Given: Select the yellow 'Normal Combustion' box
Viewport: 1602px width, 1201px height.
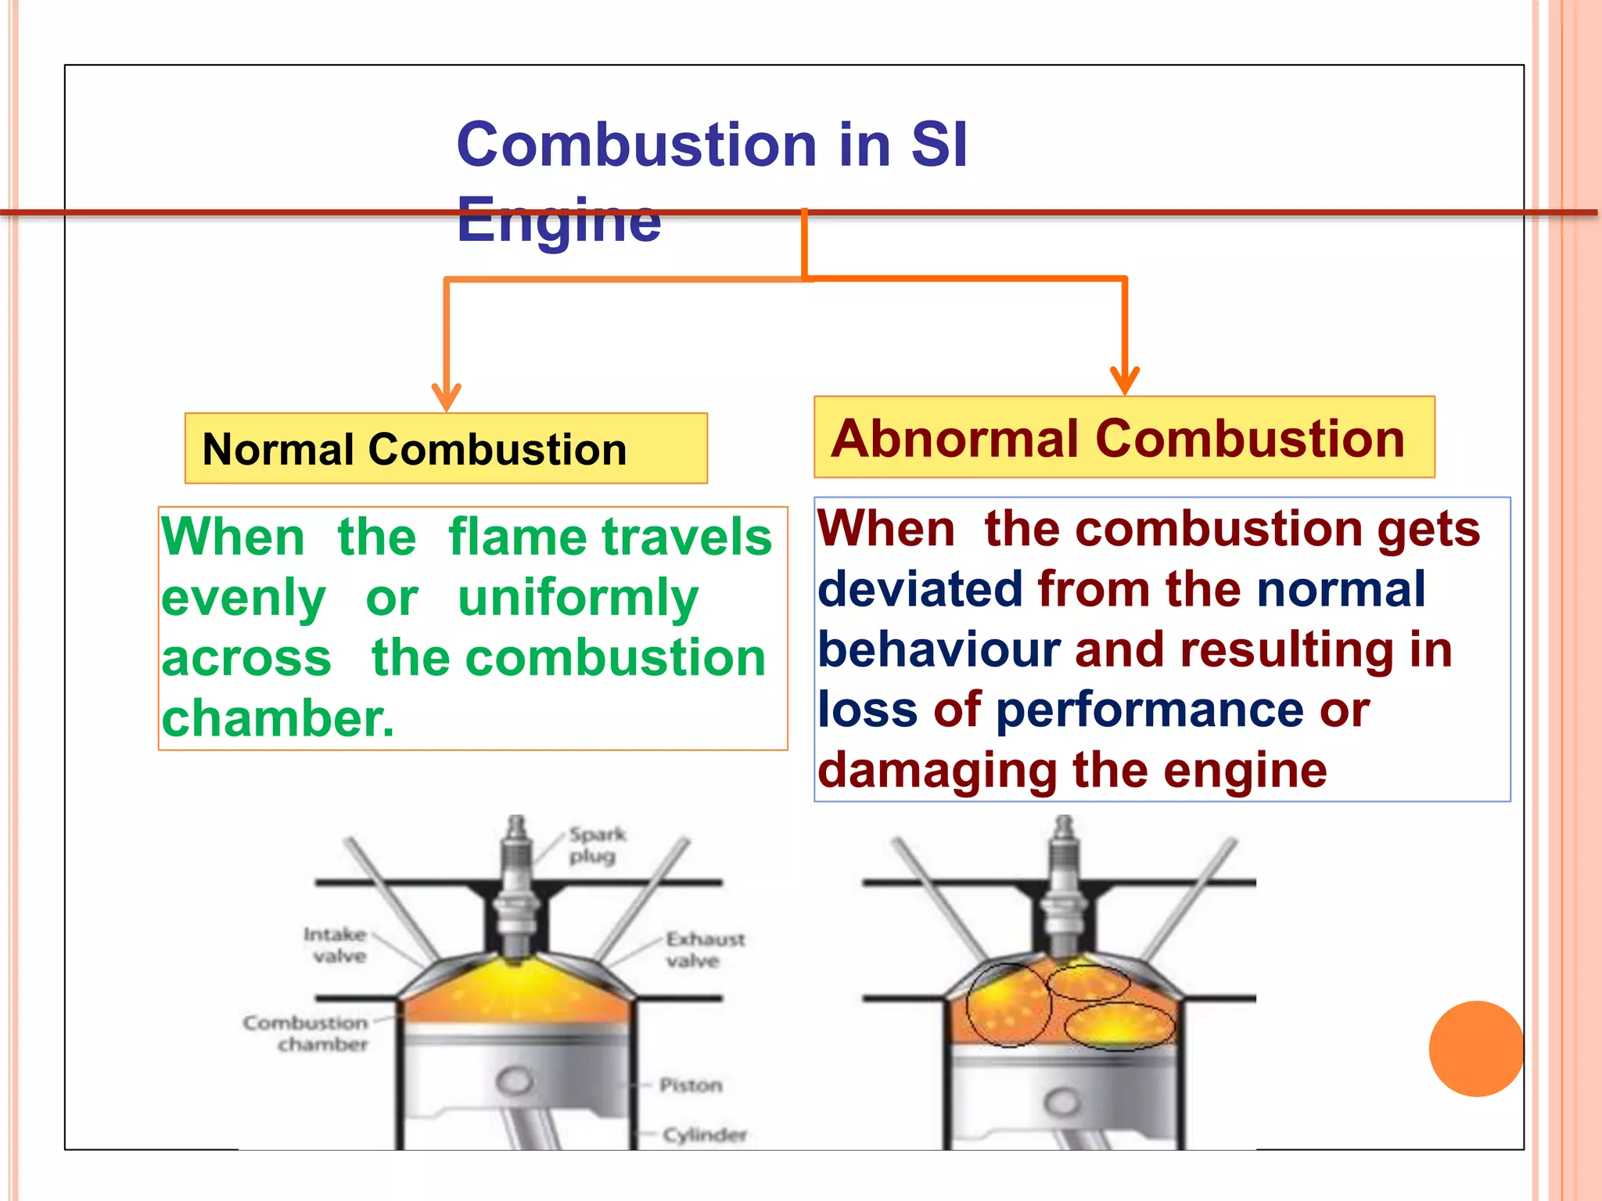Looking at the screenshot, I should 446,448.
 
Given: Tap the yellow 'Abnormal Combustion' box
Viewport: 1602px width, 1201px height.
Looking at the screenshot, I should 1124,437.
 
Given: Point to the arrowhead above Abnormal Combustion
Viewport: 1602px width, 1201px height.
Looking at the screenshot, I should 1125,380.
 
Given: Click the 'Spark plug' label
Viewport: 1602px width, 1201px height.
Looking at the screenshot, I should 597,845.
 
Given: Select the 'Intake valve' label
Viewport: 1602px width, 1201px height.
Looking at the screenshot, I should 336,944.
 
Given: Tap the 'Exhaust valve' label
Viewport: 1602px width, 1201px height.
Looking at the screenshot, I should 705,949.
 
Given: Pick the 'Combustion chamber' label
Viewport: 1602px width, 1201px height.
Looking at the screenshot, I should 306,1033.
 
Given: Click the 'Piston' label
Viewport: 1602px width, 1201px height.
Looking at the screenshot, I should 690,1085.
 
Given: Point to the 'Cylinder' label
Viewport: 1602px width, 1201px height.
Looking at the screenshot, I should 704,1134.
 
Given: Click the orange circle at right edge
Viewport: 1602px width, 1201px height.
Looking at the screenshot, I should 1475,1048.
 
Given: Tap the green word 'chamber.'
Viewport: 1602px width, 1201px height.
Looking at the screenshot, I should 278,718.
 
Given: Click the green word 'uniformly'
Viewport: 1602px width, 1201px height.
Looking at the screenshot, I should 577,599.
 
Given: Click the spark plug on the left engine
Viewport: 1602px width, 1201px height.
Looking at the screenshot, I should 515,892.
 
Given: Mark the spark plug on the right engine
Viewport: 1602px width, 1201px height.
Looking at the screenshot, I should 1064,892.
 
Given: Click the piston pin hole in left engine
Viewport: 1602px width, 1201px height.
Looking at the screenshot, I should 515,1081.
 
